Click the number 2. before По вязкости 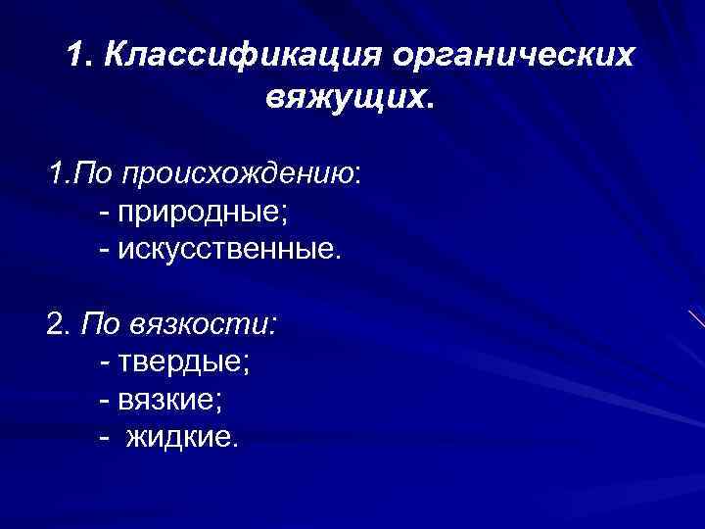pyautogui.click(x=58, y=323)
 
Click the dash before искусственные pyautogui.click(x=106, y=251)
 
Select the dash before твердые pyautogui.click(x=106, y=362)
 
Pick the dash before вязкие pyautogui.click(x=106, y=400)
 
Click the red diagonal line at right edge pyautogui.click(x=696, y=319)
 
